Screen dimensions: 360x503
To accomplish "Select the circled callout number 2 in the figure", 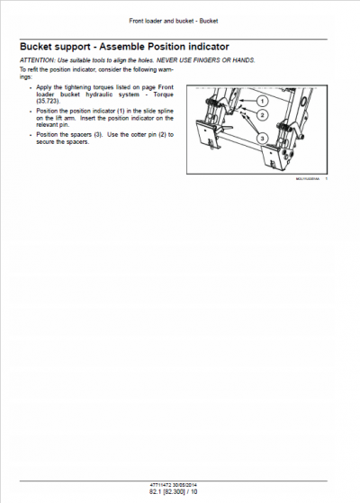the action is click(x=262, y=115).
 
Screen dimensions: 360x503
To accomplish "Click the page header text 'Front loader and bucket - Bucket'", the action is click(x=179, y=20).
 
